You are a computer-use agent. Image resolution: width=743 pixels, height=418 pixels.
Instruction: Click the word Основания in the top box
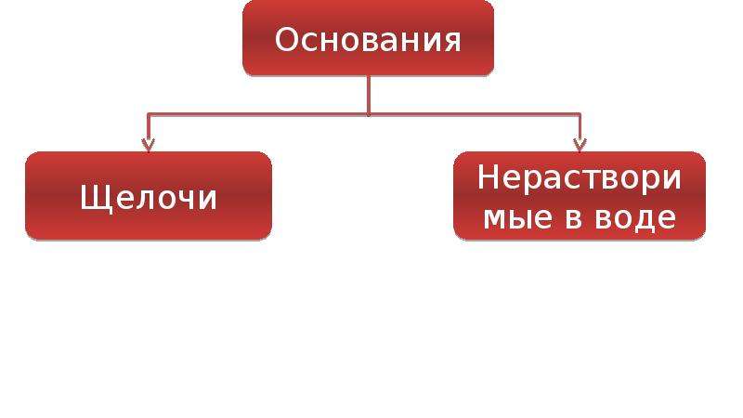[x=368, y=40]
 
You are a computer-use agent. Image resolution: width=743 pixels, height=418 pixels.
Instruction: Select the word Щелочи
[x=149, y=198]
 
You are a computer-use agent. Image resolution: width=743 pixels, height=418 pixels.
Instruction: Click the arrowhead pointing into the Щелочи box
[x=149, y=145]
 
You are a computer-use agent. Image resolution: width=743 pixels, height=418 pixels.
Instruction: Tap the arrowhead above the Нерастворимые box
[x=580, y=145]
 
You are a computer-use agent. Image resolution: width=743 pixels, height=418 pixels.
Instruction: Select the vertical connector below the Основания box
[x=368, y=95]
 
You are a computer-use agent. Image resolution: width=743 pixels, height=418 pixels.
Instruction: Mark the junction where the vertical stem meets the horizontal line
[x=368, y=114]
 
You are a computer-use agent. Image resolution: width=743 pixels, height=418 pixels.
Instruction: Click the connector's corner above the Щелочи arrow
[x=149, y=114]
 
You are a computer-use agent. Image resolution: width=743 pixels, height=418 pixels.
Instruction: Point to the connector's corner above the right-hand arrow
[x=580, y=114]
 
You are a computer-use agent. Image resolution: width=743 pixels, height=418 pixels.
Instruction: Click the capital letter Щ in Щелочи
[x=91, y=199]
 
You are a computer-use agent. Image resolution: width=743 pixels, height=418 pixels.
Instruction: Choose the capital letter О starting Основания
[x=286, y=40]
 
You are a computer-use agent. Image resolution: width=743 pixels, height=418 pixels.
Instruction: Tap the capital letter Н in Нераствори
[x=488, y=177]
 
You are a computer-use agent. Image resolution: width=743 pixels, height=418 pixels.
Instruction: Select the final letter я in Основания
[x=452, y=43]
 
